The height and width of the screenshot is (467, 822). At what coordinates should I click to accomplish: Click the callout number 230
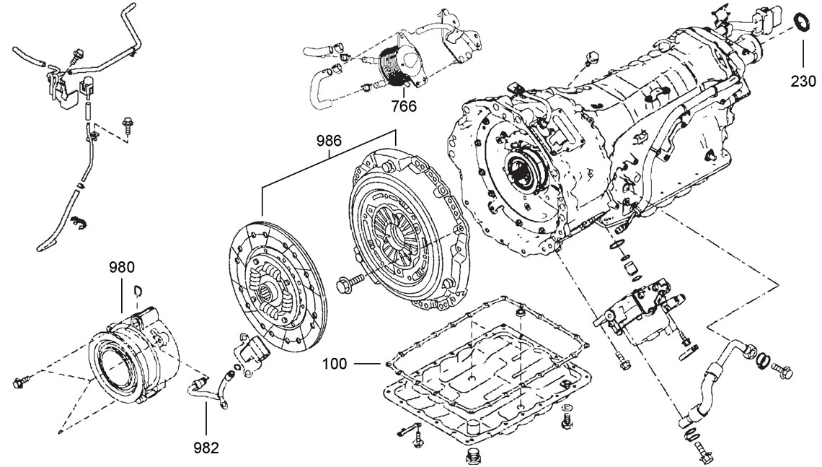click(803, 82)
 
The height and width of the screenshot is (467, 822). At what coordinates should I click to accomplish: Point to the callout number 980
click(121, 267)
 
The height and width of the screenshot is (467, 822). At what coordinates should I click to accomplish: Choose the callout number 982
click(205, 448)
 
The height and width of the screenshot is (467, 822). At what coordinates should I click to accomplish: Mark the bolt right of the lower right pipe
click(782, 369)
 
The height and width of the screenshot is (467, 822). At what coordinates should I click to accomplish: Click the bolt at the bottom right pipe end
click(703, 453)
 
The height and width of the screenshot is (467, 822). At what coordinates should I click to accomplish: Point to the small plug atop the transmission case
click(593, 56)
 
